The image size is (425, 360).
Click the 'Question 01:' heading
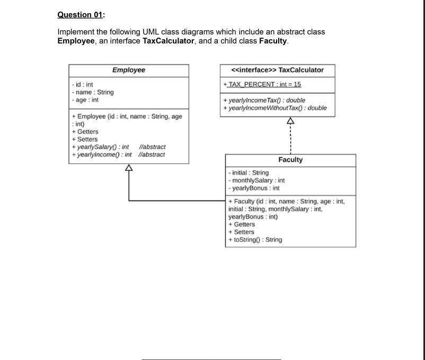coord(79,14)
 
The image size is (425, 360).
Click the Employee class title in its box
coord(128,70)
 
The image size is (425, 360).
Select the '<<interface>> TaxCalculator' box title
coord(277,70)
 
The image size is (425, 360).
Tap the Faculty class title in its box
coord(290,160)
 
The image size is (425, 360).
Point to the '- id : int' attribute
coord(82,85)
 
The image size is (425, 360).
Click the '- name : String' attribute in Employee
coord(92,92)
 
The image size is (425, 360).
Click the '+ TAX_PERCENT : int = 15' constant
coord(262,84)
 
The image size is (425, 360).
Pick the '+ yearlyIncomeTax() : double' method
coord(264,100)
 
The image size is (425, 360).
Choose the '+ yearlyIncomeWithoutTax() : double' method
coord(275,108)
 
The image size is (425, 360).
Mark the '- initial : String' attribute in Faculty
coord(248,172)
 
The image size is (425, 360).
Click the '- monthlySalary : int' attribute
coord(256,180)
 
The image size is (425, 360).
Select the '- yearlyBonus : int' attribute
coord(253,188)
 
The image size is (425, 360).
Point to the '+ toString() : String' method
coord(255,240)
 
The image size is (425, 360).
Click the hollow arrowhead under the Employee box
coord(128,168)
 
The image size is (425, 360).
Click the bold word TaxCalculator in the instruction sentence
coord(168,41)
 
